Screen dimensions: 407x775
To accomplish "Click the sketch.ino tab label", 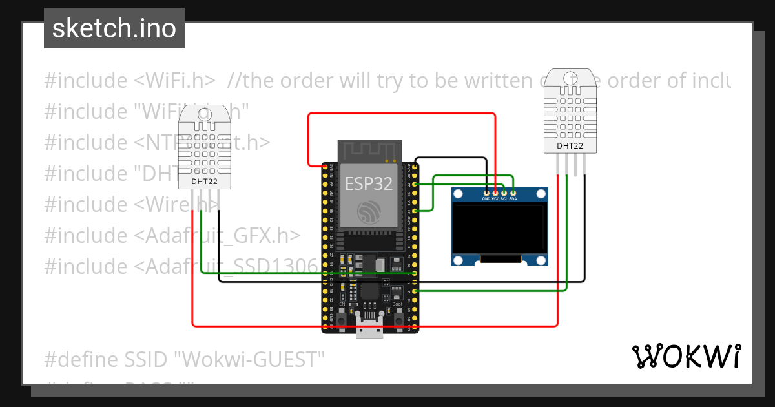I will [114, 28].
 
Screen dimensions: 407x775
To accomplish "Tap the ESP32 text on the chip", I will [368, 183].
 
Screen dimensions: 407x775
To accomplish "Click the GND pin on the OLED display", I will [486, 192].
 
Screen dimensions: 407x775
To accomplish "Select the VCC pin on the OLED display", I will [495, 192].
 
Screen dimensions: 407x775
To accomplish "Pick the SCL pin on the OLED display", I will [504, 192].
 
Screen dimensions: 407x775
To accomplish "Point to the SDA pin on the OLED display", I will [513, 192].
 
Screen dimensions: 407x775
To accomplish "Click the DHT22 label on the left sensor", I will [204, 182].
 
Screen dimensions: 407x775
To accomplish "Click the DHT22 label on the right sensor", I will [570, 146].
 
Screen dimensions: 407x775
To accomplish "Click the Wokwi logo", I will [686, 356].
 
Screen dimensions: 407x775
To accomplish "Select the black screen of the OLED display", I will [499, 229].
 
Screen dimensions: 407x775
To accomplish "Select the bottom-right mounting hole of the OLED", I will [541, 260].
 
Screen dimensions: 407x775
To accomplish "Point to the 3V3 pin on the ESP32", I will [325, 166].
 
